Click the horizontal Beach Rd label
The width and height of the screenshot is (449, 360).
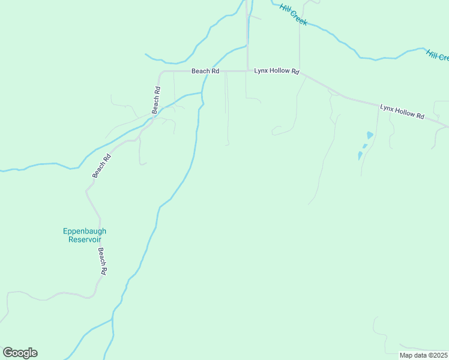pyautogui.click(x=205, y=71)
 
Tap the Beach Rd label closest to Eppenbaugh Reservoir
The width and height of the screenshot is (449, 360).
pyautogui.click(x=103, y=262)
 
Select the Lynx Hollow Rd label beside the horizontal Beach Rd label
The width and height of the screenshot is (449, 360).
pyautogui.click(x=276, y=71)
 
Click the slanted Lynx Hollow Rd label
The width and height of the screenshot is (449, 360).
pyautogui.click(x=402, y=111)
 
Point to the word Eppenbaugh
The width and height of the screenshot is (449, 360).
pyautogui.click(x=85, y=231)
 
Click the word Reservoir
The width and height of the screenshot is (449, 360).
pyautogui.click(x=85, y=239)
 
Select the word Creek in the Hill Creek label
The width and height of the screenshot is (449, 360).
pyautogui.click(x=299, y=19)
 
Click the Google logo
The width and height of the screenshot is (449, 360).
pyautogui.click(x=20, y=353)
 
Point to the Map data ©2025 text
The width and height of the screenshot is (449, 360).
pyautogui.click(x=424, y=355)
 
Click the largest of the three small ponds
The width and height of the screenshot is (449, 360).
pyautogui.click(x=370, y=135)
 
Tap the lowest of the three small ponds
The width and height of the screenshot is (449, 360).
pyautogui.click(x=360, y=155)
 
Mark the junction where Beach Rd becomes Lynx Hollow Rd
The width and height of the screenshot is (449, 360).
pyautogui.click(x=247, y=71)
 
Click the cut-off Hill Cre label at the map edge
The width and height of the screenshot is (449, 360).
pyautogui.click(x=438, y=55)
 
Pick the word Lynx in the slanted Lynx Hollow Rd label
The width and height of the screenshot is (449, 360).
pyautogui.click(x=388, y=108)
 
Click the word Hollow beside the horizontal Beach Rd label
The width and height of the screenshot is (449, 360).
pyautogui.click(x=280, y=71)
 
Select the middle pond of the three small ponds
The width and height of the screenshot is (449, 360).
pyautogui.click(x=364, y=146)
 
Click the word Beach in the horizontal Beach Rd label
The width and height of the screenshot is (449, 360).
pyautogui.click(x=200, y=71)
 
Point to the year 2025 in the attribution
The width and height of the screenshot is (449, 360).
pyautogui.click(x=438, y=355)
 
